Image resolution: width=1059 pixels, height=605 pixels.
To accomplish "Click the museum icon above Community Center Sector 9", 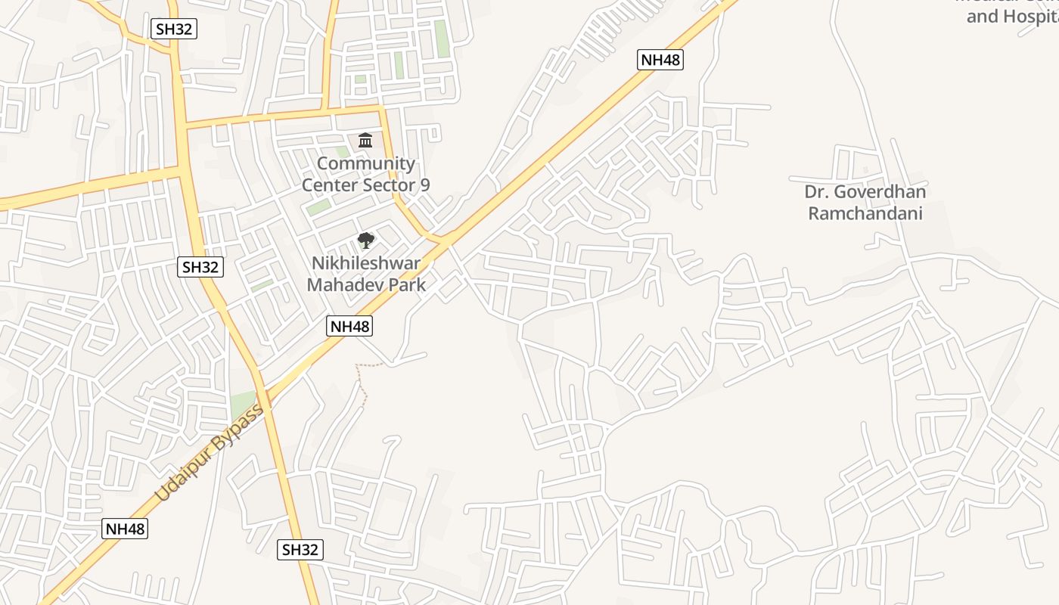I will pyautogui.click(x=365, y=140).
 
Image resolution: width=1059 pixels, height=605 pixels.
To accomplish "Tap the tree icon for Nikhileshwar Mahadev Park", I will pyautogui.click(x=366, y=241).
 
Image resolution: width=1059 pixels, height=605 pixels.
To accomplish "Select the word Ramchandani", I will pyautogui.click(x=865, y=213).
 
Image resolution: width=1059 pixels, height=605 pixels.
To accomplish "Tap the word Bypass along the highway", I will pyautogui.click(x=236, y=429).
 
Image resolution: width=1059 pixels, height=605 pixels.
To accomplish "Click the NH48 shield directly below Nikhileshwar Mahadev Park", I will pyautogui.click(x=349, y=327).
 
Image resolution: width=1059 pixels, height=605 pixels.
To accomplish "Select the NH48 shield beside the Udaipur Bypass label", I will pyautogui.click(x=125, y=529).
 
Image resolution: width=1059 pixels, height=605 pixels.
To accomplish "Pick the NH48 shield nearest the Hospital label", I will pyautogui.click(x=660, y=60).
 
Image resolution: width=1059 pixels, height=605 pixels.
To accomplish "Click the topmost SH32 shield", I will pyautogui.click(x=174, y=29).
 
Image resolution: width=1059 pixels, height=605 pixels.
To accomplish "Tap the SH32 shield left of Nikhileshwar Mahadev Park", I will pyautogui.click(x=200, y=266).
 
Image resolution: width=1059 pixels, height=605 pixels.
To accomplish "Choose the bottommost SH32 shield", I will pyautogui.click(x=300, y=550).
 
